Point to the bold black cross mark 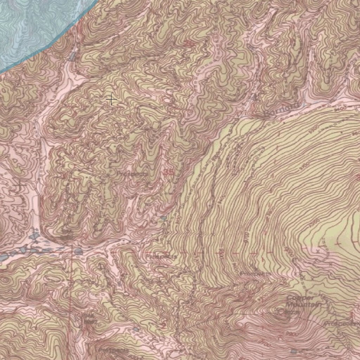pos(111,100)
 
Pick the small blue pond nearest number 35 pos(163,218)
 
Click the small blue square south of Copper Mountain pos(294,351)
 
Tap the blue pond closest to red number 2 pos(136,329)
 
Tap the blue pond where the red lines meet pos(78,252)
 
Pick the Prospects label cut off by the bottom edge pos(113,351)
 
